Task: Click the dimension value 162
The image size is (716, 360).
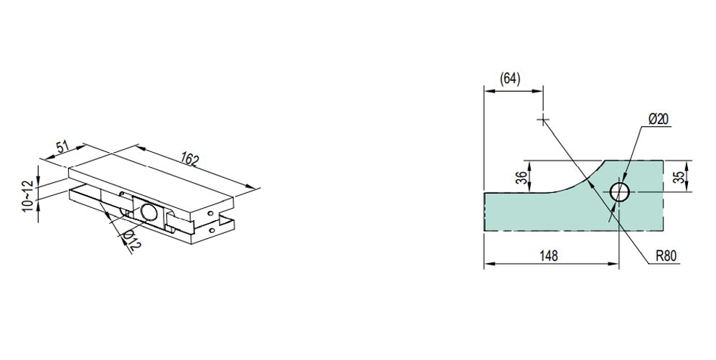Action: [x=189, y=159]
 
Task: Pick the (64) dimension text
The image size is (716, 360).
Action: [x=510, y=79]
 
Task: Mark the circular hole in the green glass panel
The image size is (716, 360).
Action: [x=620, y=192]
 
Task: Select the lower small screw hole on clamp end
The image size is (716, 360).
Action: [x=212, y=230]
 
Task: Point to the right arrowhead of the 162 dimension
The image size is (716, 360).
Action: [x=252, y=188]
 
